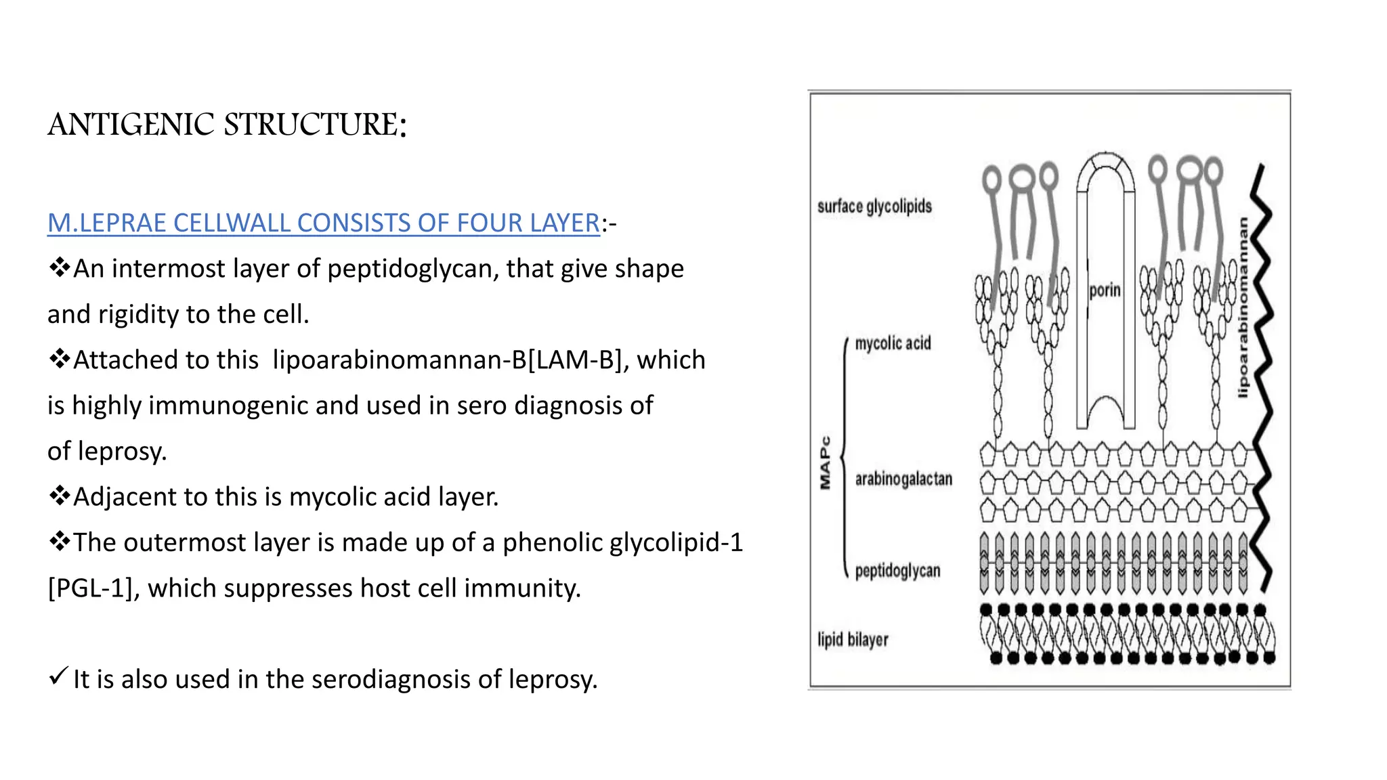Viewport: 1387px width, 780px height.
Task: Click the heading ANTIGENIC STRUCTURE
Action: tap(227, 125)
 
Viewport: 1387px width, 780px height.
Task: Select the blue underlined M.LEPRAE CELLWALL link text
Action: tap(323, 223)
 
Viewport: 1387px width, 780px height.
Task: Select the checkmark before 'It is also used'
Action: tap(58, 676)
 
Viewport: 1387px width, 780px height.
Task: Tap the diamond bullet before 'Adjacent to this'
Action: tap(59, 496)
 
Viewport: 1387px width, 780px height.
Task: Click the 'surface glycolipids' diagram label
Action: tap(874, 207)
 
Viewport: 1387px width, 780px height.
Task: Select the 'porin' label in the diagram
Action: tap(1105, 290)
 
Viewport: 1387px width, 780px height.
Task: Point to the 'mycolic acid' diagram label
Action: tap(893, 343)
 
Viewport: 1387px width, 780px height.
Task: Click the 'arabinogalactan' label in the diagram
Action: tap(903, 479)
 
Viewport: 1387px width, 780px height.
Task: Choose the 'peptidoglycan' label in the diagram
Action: tap(897, 571)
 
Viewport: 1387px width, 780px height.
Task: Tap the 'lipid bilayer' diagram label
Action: tap(853, 639)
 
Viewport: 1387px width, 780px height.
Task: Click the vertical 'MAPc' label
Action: tap(825, 462)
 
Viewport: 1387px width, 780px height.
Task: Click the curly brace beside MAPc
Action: tap(844, 458)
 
